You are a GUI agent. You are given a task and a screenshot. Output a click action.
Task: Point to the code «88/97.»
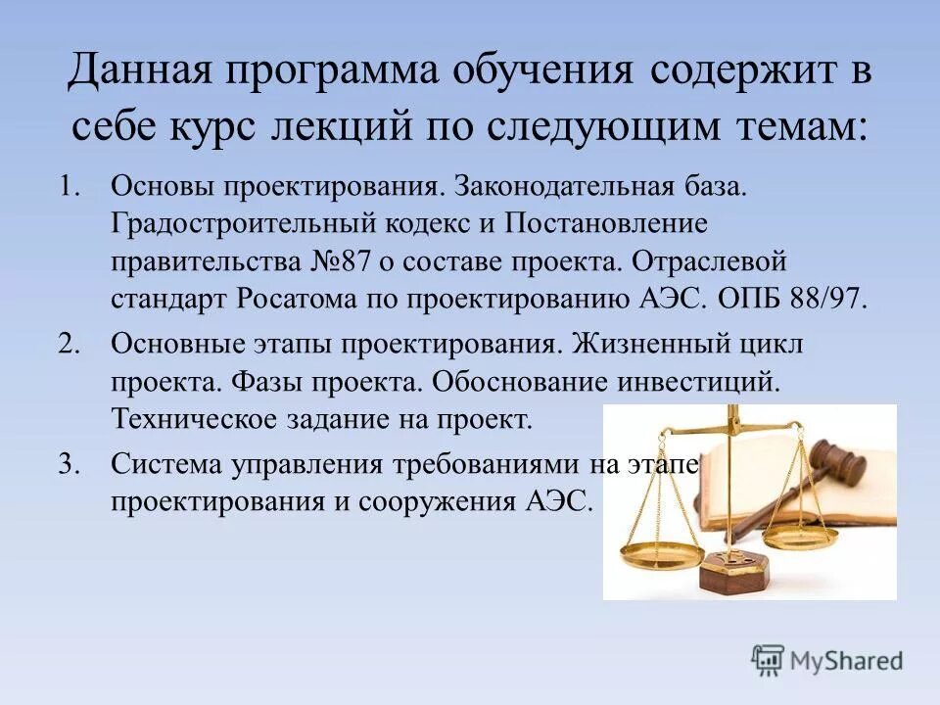click(x=826, y=299)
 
